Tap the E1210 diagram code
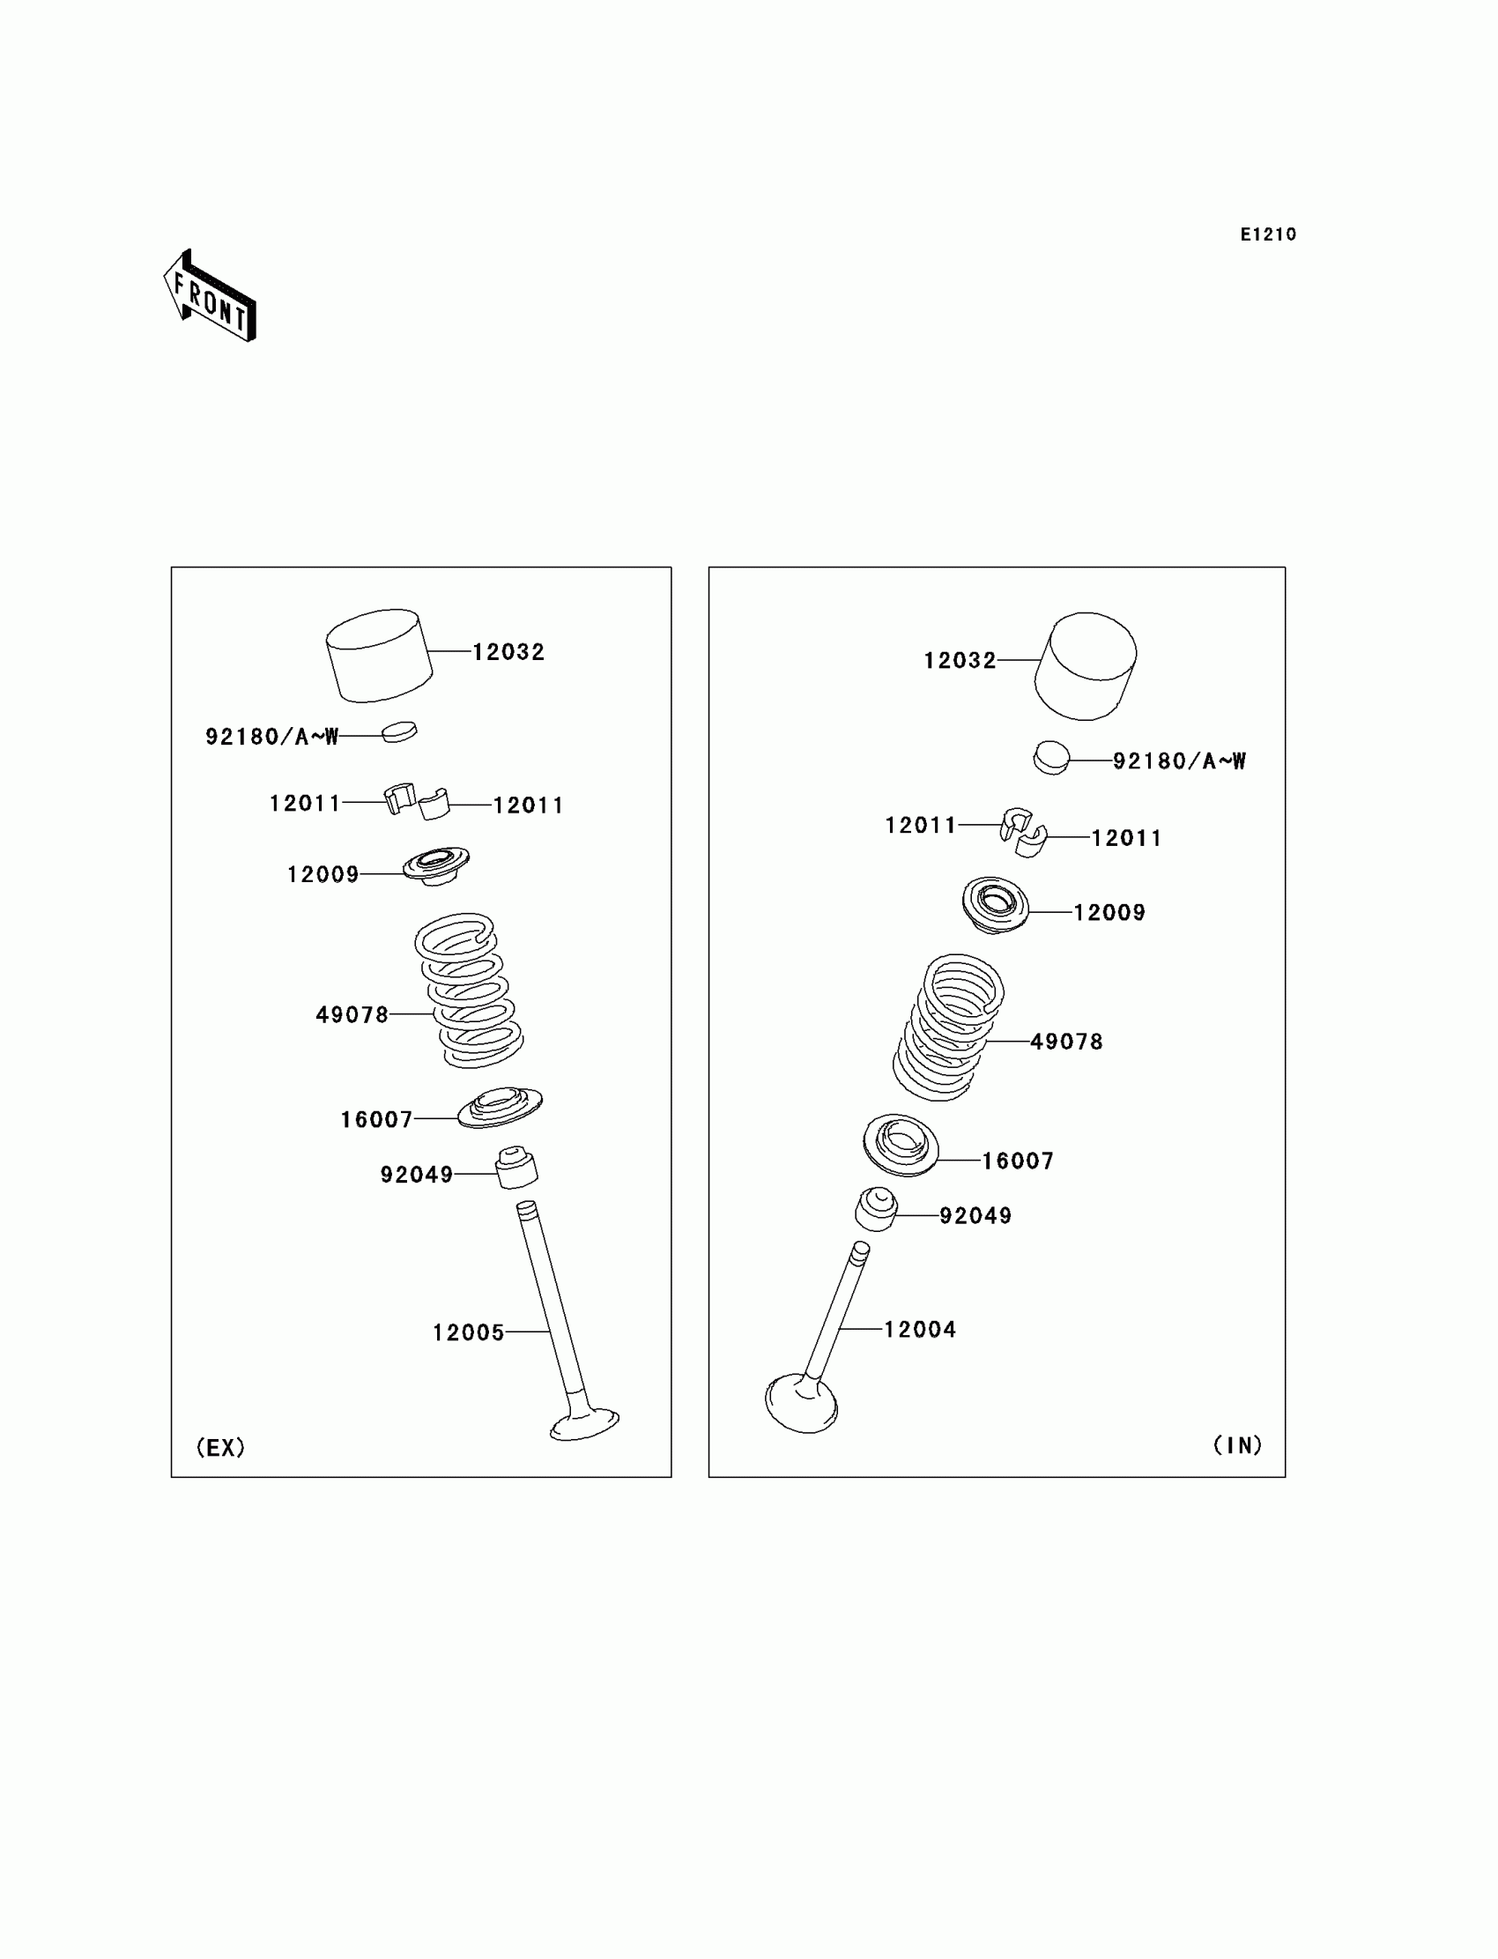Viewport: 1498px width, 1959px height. pos(1268,234)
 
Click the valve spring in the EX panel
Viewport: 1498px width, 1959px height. pos(468,990)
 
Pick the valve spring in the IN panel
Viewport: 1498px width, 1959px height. pos(949,1027)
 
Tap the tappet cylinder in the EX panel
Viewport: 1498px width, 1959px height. pos(379,656)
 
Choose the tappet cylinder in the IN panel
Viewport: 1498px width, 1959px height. pos(1085,666)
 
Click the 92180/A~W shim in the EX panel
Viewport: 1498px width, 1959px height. pos(398,732)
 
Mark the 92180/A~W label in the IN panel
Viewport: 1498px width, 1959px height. pos(1179,761)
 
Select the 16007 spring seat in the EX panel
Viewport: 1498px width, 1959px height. pos(500,1108)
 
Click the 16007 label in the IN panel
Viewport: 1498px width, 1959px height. pos(1018,1161)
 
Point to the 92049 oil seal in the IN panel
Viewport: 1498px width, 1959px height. pos(876,1209)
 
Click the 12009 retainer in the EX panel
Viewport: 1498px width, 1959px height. pos(435,864)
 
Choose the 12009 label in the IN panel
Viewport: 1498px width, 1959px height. pos(1109,912)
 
